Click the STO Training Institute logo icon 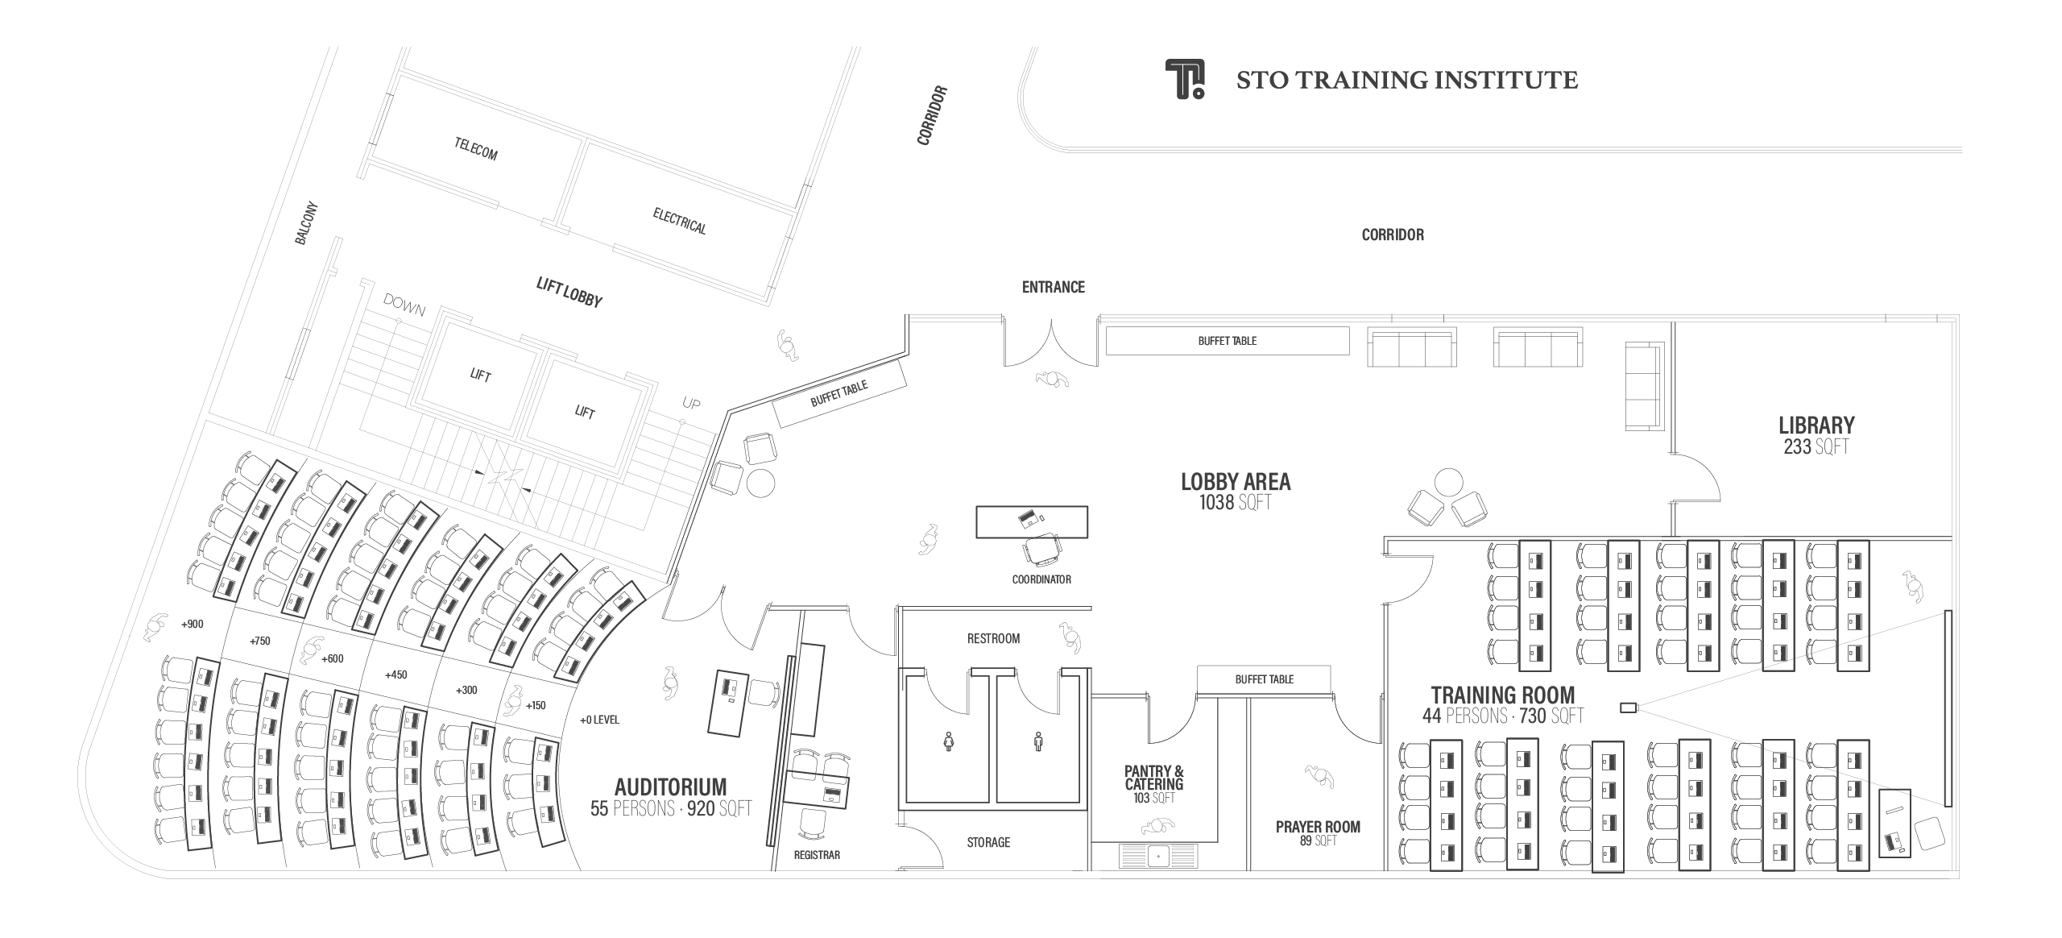(x=1185, y=79)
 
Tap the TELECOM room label (x=476, y=149)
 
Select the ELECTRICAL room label (x=679, y=221)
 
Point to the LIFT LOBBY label (x=569, y=292)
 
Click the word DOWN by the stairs (x=404, y=305)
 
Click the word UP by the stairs (x=691, y=403)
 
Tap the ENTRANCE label (x=1053, y=287)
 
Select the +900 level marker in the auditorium (x=193, y=624)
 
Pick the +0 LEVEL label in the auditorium (x=599, y=720)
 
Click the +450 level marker (x=395, y=674)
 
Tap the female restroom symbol (x=949, y=741)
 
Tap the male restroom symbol (x=1038, y=741)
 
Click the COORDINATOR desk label (x=1041, y=579)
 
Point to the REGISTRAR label (x=817, y=855)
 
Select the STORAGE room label (x=988, y=842)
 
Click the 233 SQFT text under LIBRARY (x=1816, y=446)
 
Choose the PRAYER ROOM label (x=1318, y=827)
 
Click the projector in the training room (x=1629, y=708)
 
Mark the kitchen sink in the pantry (x=1157, y=854)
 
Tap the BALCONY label (x=307, y=223)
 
